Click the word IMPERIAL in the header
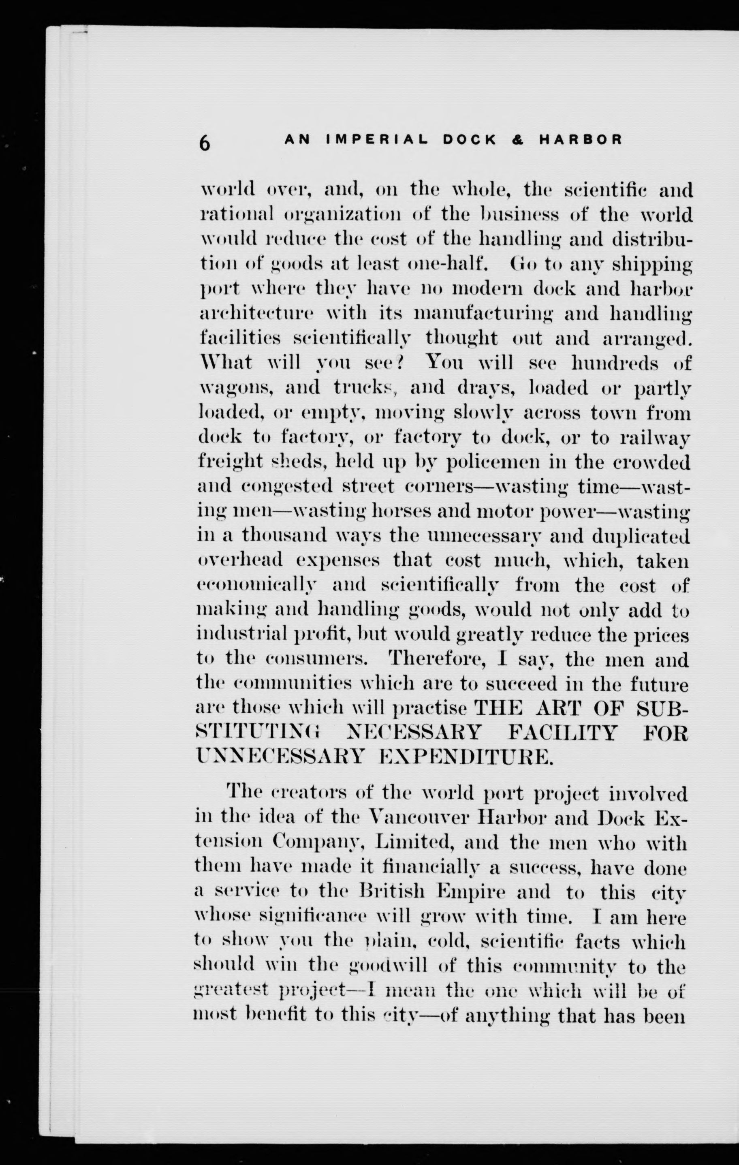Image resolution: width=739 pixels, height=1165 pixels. pyautogui.click(x=377, y=140)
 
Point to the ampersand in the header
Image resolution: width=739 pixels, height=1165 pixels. pyautogui.click(x=517, y=140)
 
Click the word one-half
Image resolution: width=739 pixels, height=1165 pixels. pyautogui.click(x=445, y=264)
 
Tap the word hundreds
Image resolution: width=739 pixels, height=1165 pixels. pyautogui.click(x=615, y=363)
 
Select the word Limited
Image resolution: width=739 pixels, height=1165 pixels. pyautogui.click(x=414, y=843)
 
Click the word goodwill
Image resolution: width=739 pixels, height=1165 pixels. pyautogui.click(x=388, y=966)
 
